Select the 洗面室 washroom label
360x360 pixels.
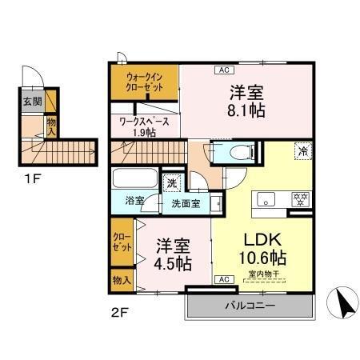click(186, 202)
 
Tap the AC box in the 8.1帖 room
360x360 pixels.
click(222, 70)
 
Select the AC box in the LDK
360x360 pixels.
click(224, 279)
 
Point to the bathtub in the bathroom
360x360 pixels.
click(135, 178)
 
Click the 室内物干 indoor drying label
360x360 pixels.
click(262, 274)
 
